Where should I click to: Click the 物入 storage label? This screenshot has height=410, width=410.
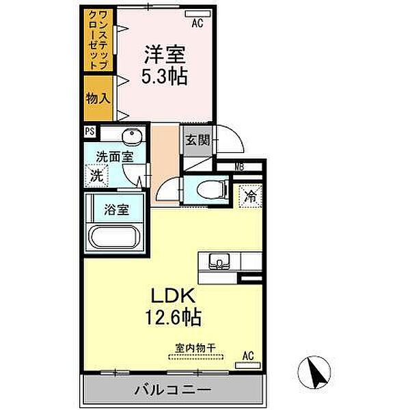(97, 98)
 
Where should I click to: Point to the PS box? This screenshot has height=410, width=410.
(90, 133)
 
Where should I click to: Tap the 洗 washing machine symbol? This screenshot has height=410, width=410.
(97, 175)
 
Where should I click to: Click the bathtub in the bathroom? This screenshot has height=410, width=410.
(113, 240)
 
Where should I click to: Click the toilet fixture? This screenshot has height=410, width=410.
(208, 189)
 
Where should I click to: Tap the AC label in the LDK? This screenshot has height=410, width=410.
(249, 355)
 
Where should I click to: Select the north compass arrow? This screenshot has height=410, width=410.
(315, 373)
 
